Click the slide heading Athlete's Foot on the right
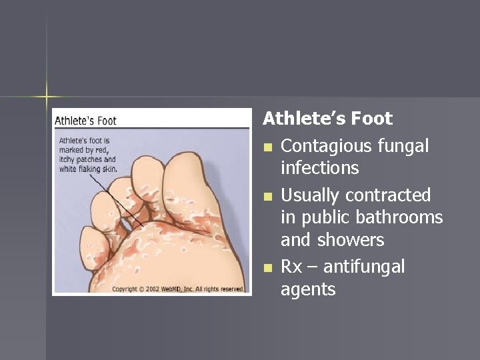[327, 119]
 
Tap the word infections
[319, 168]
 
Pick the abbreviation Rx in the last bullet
[291, 267]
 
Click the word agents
[308, 289]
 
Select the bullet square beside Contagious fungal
[268, 147]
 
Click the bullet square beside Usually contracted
[268, 196]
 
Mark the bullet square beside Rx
[268, 267]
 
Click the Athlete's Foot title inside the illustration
[85, 121]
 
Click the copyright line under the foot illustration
[178, 289]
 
